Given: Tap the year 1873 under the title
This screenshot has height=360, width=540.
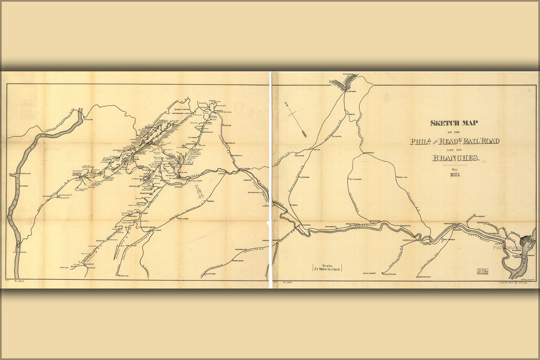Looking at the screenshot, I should point(455,175).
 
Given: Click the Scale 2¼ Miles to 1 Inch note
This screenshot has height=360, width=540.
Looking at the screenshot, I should point(327,268).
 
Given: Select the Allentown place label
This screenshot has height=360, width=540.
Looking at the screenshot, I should point(351,92).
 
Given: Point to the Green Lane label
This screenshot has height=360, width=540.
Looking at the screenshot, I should point(403,177).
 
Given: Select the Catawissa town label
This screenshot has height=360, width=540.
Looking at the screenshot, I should point(89,120).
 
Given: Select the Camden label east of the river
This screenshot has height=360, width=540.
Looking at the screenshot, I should point(531,255).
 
